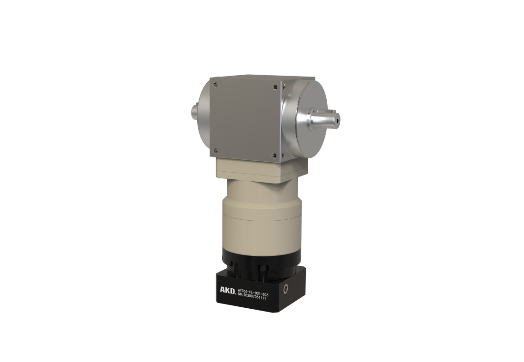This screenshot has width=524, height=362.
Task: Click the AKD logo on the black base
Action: point(227,290)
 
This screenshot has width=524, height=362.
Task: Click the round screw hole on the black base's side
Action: point(286,289)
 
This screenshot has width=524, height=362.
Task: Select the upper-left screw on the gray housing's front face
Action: point(215,84)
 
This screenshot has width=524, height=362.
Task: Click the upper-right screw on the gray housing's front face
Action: point(275,87)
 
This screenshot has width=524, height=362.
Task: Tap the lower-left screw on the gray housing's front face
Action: point(215,150)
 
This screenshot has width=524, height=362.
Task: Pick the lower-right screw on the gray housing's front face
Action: point(274,155)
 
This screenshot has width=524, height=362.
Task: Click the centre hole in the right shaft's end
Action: point(338,118)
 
